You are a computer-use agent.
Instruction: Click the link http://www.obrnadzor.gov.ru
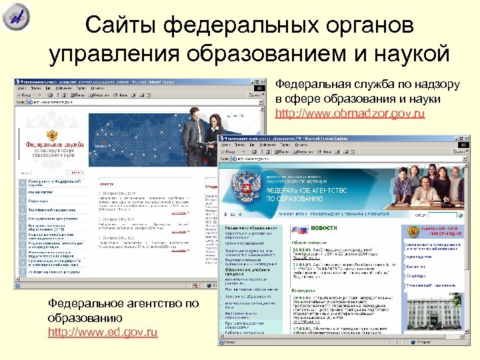pos(350,114)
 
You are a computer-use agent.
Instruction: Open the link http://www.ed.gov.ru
pos(103,331)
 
